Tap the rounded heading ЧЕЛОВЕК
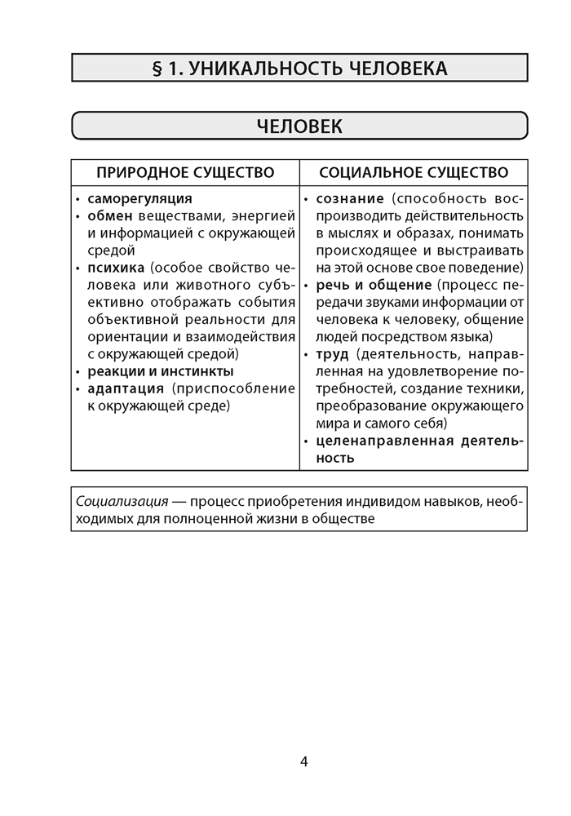[299, 126]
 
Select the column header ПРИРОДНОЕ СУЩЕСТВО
[185, 173]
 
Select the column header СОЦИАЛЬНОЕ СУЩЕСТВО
[414, 173]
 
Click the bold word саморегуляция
[139, 198]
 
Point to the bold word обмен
[110, 216]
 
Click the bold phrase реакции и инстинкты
[160, 371]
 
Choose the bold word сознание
[350, 198]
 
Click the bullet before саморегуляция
[78, 199]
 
